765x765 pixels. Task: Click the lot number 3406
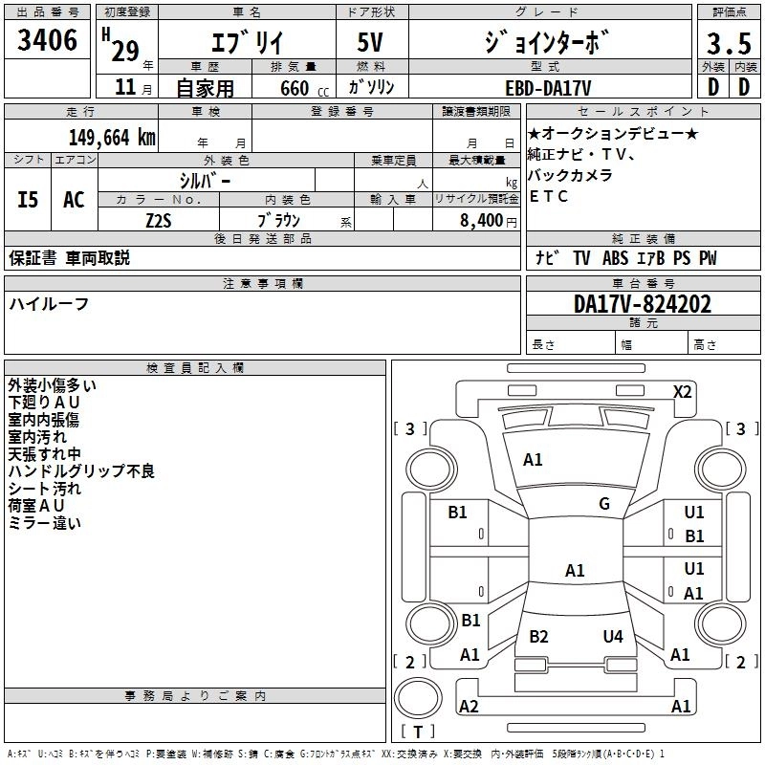click(48, 41)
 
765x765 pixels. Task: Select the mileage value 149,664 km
click(113, 137)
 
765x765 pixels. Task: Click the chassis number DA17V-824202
click(643, 304)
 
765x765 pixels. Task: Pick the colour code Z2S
click(159, 219)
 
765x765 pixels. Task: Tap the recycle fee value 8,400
click(480, 219)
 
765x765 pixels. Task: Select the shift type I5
click(28, 199)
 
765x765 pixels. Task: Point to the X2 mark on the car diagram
click(683, 391)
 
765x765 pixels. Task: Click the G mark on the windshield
click(604, 504)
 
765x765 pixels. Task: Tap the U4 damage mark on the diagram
click(613, 636)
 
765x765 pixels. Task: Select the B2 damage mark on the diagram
click(539, 636)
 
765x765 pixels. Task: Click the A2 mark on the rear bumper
click(469, 706)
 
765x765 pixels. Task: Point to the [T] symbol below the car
click(418, 732)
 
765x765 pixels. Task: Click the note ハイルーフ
click(50, 303)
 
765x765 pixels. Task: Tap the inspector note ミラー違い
click(45, 523)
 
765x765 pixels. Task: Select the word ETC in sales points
click(549, 196)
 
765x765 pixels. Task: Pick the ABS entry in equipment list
click(615, 258)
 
